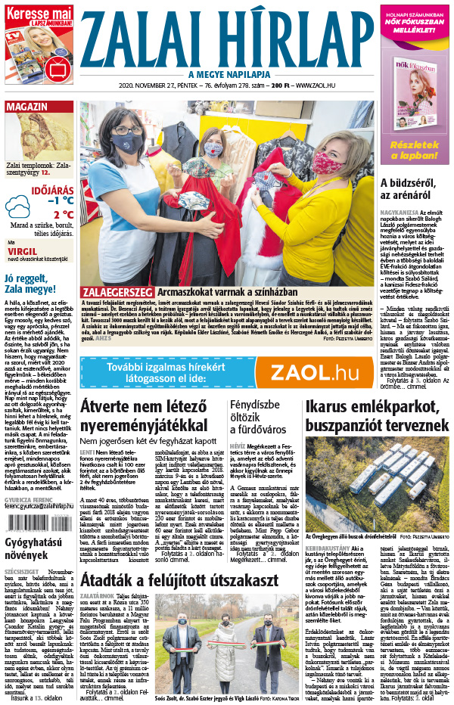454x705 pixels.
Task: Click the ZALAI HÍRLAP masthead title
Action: tap(226, 36)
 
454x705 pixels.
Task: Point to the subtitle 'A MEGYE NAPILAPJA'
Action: tap(227, 73)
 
